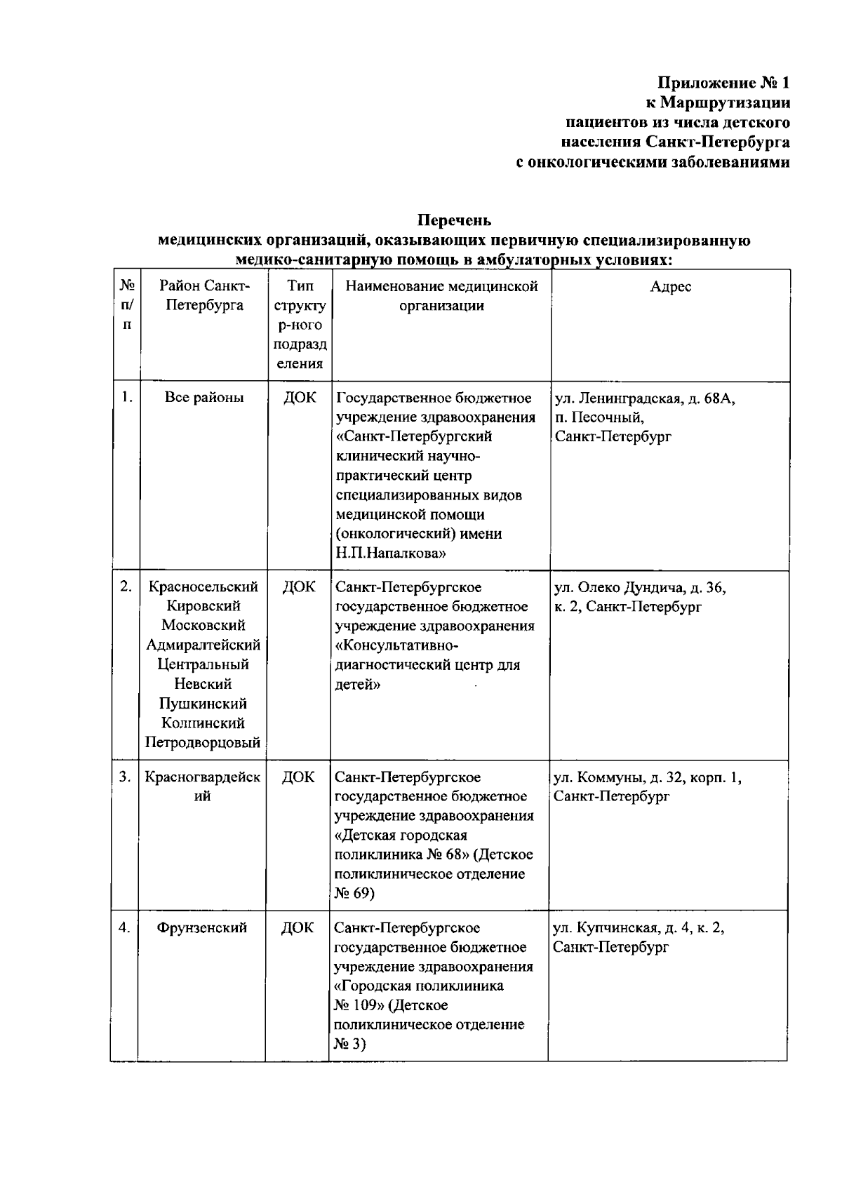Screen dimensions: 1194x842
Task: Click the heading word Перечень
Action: pyautogui.click(x=454, y=220)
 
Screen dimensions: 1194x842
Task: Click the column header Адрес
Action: pyautogui.click(x=670, y=286)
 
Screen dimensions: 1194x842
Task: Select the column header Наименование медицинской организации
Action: pyautogui.click(x=441, y=295)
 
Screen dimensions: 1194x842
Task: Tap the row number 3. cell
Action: pyautogui.click(x=124, y=777)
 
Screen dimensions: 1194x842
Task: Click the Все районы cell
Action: pyautogui.click(x=204, y=397)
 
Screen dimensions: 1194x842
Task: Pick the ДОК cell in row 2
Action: pyautogui.click(x=299, y=586)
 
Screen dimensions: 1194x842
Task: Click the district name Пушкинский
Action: pyautogui.click(x=203, y=703)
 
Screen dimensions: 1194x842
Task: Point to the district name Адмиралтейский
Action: pyautogui.click(x=203, y=644)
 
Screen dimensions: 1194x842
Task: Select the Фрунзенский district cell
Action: pyautogui.click(x=202, y=927)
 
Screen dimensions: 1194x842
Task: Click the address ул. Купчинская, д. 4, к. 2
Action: pyautogui.click(x=639, y=927)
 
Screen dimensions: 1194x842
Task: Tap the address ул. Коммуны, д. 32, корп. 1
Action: pyautogui.click(x=647, y=777)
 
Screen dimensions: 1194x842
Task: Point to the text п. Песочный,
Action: pyautogui.click(x=599, y=417)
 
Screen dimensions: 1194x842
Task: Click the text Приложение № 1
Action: pyautogui.click(x=723, y=83)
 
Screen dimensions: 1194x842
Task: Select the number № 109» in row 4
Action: pyautogui.click(x=359, y=1005)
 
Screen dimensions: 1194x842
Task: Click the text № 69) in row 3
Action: pyautogui.click(x=354, y=893)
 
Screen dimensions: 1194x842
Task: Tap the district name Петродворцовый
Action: pyautogui.click(x=203, y=742)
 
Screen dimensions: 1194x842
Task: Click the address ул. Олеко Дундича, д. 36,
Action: pyautogui.click(x=640, y=587)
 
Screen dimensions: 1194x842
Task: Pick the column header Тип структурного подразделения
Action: pyautogui.click(x=300, y=324)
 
